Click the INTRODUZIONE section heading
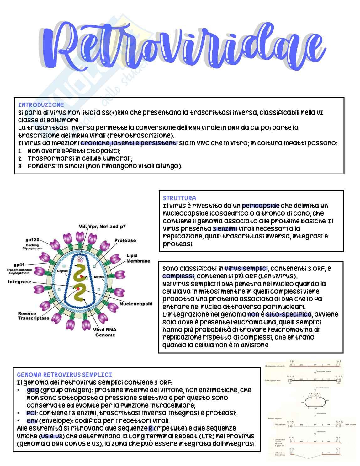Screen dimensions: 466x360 pyautogui.click(x=41, y=105)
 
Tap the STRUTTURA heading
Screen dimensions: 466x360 pyautogui.click(x=179, y=198)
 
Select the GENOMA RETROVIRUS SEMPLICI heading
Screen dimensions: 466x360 pyautogui.click(x=64, y=375)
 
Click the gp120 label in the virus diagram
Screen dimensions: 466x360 pyautogui.click(x=32, y=240)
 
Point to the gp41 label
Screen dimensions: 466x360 pyautogui.click(x=19, y=265)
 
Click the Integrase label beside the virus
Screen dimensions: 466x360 pyautogui.click(x=20, y=282)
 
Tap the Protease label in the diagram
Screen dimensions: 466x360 pyautogui.click(x=125, y=240)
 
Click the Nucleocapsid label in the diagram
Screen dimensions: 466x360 pyautogui.click(x=136, y=304)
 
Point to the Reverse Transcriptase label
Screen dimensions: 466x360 pyautogui.click(x=34, y=316)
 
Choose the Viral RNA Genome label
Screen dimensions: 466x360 pyautogui.click(x=105, y=332)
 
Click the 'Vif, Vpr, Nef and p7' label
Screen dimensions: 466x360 pyautogui.click(x=102, y=226)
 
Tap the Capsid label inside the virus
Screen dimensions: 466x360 pyautogui.click(x=62, y=271)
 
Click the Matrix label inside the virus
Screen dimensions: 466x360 pyautogui.click(x=99, y=277)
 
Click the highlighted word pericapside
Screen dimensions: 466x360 pyautogui.click(x=261, y=206)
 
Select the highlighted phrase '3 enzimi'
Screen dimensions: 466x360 pyautogui.click(x=225, y=229)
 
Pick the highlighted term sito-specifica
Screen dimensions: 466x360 pyautogui.click(x=288, y=314)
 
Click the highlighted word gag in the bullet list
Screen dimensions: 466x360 pyautogui.click(x=33, y=390)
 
